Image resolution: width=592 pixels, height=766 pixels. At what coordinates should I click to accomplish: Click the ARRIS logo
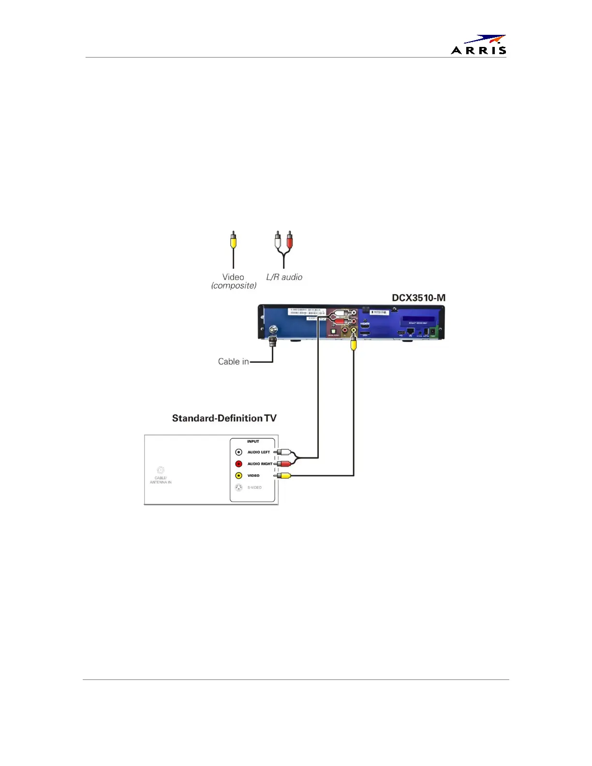click(479, 44)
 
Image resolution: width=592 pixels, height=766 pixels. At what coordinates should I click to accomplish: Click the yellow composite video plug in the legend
click(233, 240)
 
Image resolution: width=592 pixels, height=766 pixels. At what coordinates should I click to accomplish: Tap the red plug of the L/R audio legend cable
click(290, 240)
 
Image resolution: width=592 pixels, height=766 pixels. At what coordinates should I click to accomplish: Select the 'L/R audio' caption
click(284, 277)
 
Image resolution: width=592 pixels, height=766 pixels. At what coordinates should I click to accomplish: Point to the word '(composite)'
click(234, 285)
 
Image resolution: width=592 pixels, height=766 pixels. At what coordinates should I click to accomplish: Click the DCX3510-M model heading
click(418, 298)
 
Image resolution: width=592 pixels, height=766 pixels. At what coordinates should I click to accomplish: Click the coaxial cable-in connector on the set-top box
click(273, 330)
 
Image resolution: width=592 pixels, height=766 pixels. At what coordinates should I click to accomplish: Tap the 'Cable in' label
click(233, 361)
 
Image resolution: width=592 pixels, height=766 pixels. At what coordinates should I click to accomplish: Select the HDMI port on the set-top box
click(365, 326)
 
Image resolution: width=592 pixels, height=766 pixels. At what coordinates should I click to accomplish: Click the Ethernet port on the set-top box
click(411, 331)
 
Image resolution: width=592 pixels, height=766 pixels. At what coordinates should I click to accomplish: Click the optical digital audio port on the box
click(333, 331)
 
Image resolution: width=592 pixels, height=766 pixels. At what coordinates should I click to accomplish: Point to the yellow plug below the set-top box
click(354, 343)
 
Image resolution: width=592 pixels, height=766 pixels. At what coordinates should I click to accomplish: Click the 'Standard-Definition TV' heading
click(224, 418)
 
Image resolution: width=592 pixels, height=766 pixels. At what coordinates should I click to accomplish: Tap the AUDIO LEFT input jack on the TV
click(238, 452)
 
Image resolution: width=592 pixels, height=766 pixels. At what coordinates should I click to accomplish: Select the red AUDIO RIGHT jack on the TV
click(238, 464)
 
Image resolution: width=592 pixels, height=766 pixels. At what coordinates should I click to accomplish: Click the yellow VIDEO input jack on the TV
click(238, 476)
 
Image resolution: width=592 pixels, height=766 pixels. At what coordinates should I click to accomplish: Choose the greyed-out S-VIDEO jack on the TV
click(238, 487)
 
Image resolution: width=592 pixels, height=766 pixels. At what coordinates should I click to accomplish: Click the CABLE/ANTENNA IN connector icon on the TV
click(161, 471)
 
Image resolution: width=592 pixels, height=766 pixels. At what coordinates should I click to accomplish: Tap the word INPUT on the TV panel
click(253, 442)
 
